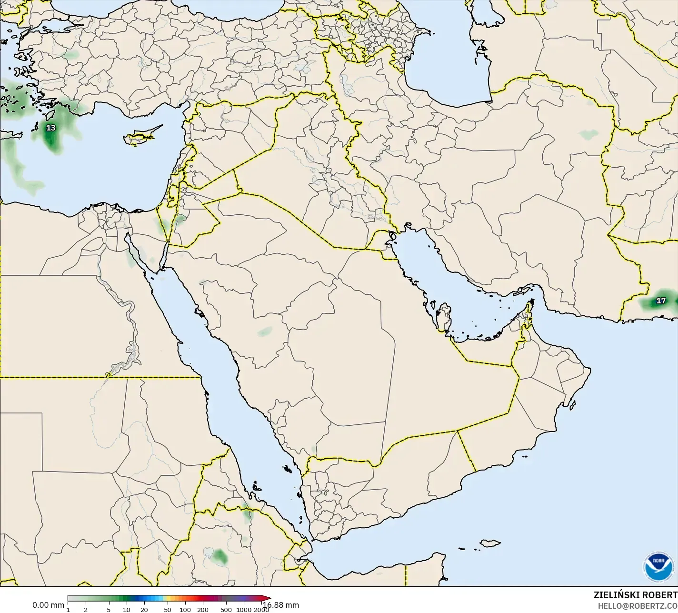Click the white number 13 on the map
click(x=50, y=128)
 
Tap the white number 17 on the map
click(x=661, y=301)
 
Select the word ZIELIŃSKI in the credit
click(x=616, y=595)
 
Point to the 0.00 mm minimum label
click(x=48, y=605)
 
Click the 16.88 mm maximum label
click(x=282, y=605)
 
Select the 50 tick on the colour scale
click(x=167, y=610)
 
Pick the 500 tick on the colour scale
click(x=226, y=610)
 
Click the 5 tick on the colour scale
click(x=109, y=610)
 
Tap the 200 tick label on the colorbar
click(x=203, y=610)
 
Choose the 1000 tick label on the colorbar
click(x=244, y=610)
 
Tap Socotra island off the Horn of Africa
click(x=489, y=543)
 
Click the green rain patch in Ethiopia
click(x=219, y=556)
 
